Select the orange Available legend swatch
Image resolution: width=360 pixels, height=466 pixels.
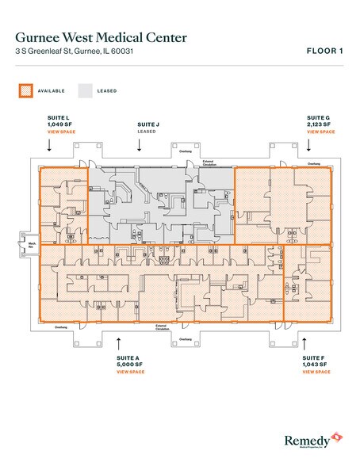tap(23, 90)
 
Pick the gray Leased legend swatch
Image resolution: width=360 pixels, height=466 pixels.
tap(86, 90)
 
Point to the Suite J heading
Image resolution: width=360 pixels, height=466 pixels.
tap(147, 124)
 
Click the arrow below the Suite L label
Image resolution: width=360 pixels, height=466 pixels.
tap(50, 145)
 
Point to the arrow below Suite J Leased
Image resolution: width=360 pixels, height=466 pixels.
tap(147, 145)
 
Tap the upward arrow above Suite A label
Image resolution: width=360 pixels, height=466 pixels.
tap(118, 342)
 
